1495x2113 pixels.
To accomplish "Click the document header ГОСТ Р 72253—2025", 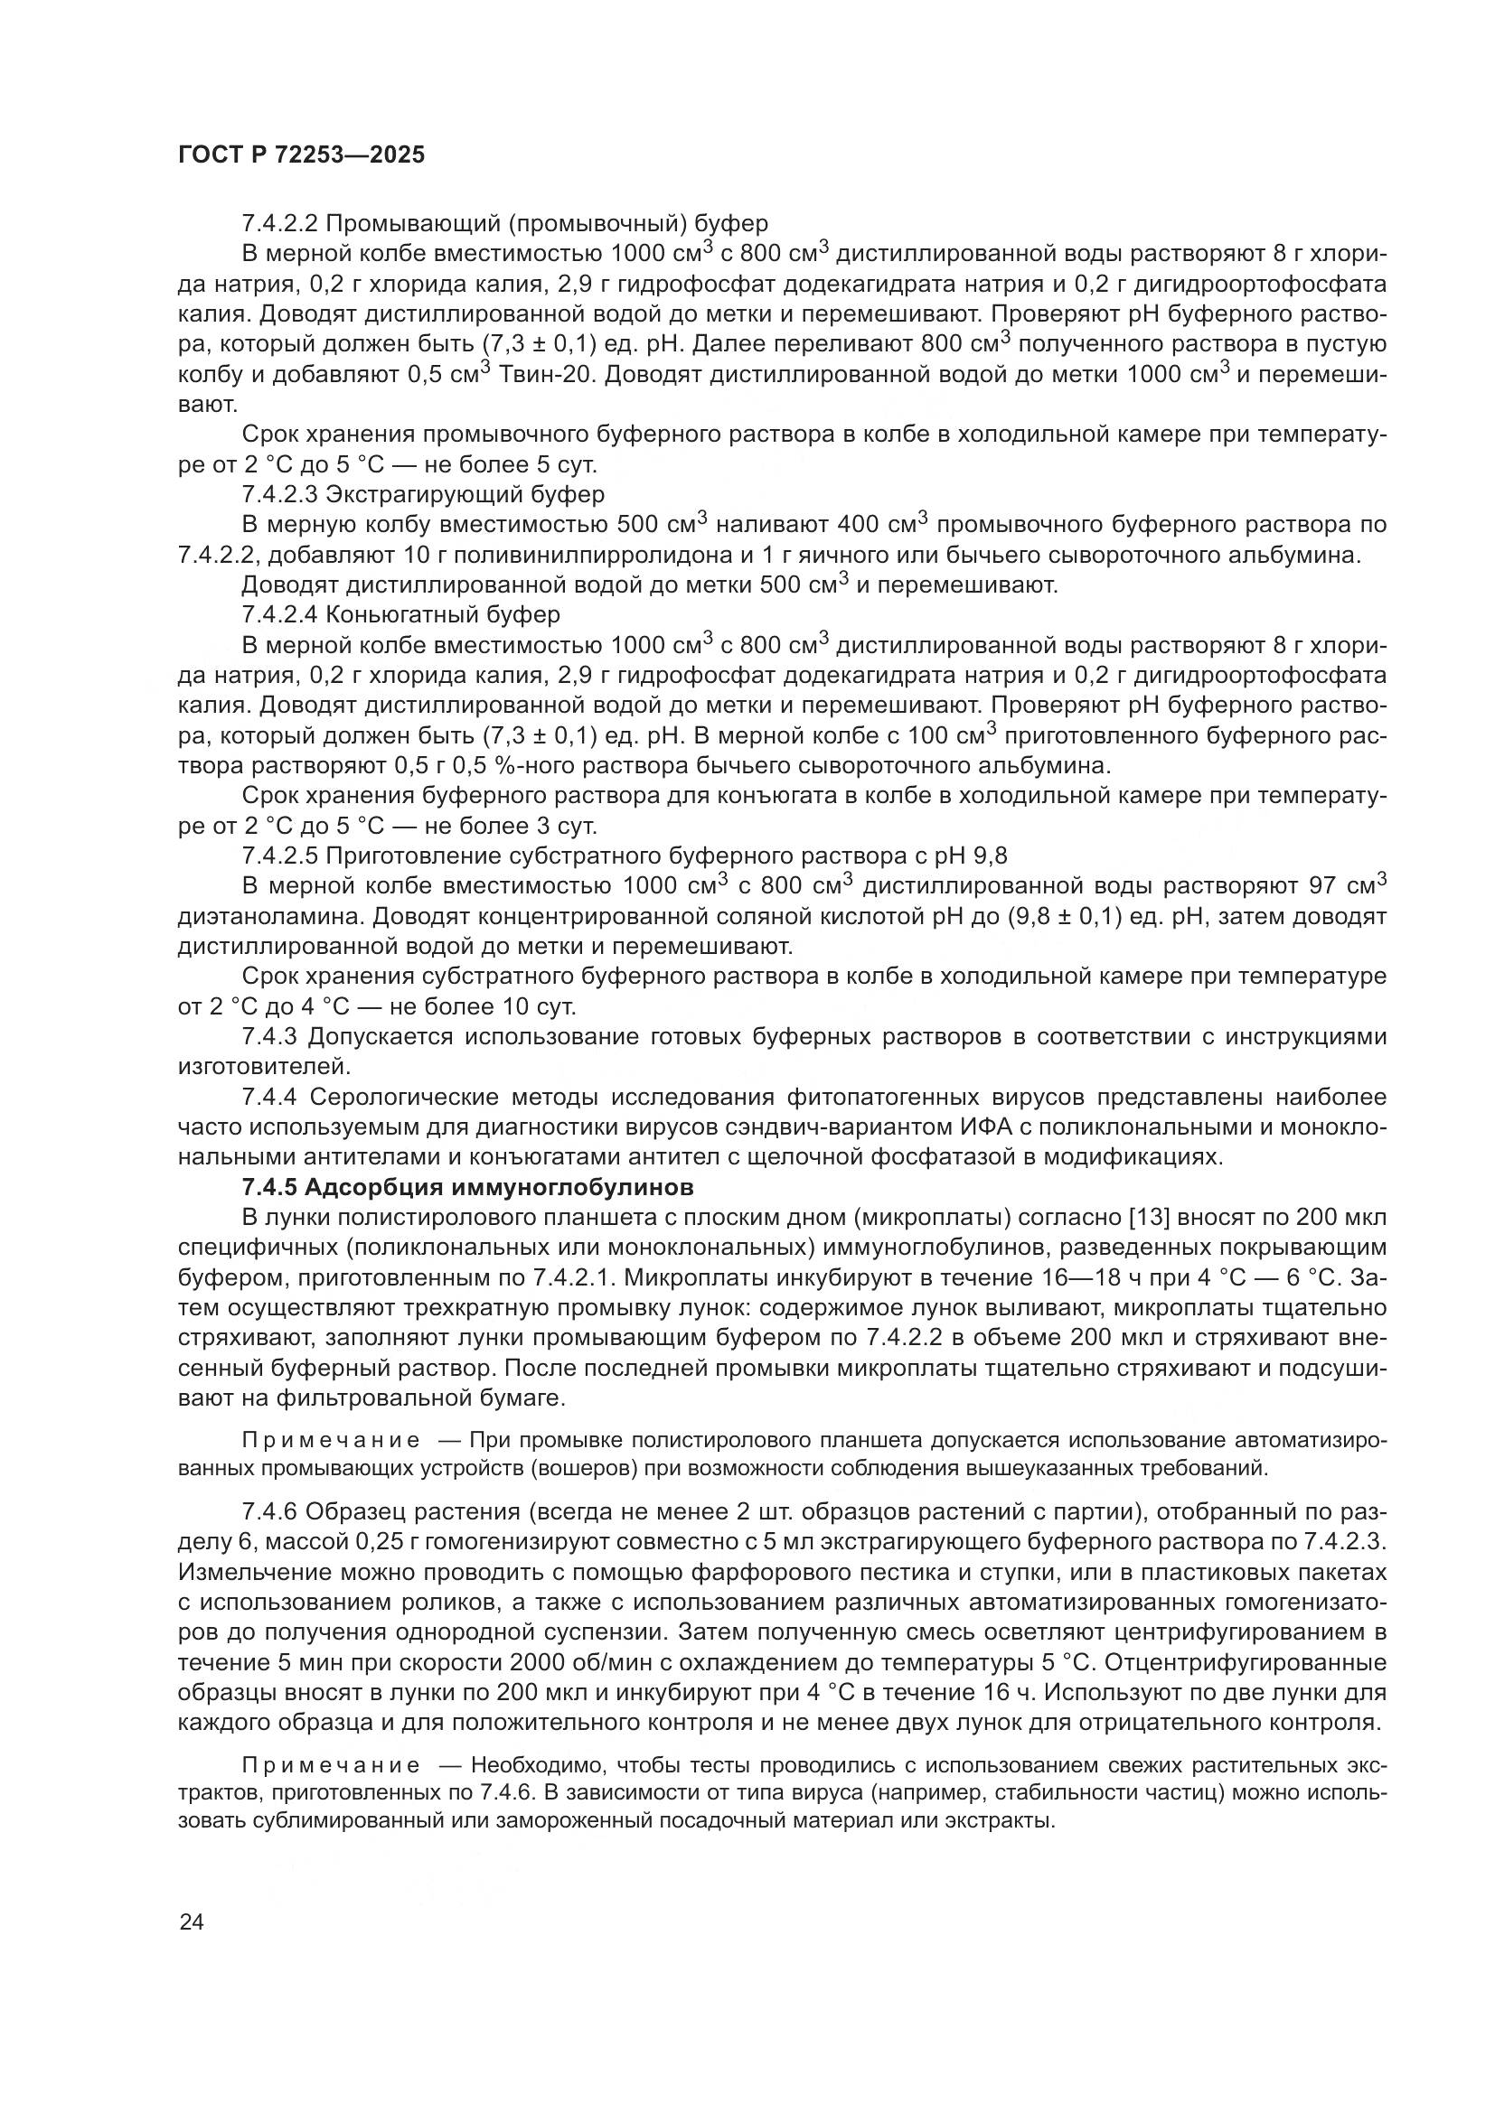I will [x=301, y=154].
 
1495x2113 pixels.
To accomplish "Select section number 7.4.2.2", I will [x=280, y=224].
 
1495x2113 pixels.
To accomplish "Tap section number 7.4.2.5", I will [x=280, y=855].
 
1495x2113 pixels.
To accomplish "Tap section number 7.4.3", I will [x=269, y=1037].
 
